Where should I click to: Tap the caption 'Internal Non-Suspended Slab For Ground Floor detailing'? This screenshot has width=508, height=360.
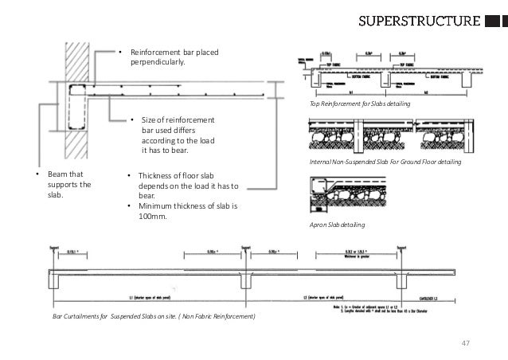pos(384,162)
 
